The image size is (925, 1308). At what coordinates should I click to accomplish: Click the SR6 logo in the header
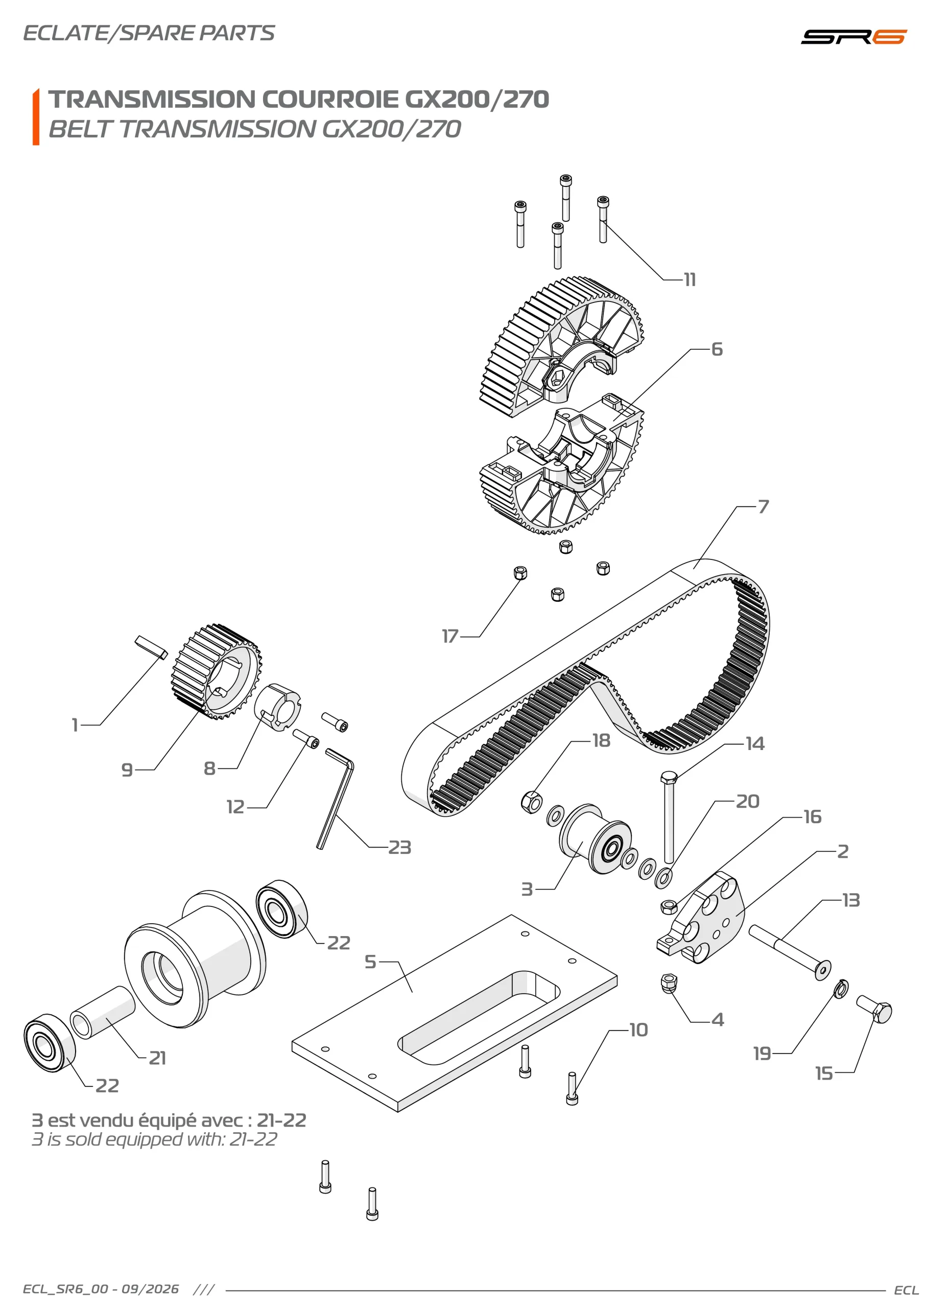[x=853, y=36]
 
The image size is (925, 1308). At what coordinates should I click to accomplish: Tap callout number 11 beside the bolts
[x=690, y=279]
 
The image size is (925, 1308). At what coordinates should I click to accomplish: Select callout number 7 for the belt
[x=763, y=506]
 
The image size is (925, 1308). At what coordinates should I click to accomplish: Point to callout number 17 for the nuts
[x=450, y=636]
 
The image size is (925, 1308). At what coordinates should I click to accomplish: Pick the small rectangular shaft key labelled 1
[x=152, y=648]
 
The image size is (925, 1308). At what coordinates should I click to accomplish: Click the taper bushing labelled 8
[x=277, y=707]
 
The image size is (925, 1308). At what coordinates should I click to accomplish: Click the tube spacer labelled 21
[x=103, y=1012]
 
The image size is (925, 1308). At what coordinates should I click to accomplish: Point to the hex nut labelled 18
[x=531, y=802]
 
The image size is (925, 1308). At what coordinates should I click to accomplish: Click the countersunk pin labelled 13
[x=790, y=952]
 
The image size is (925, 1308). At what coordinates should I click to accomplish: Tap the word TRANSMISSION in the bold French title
[x=152, y=99]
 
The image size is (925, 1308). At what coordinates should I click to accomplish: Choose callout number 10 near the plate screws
[x=638, y=1030]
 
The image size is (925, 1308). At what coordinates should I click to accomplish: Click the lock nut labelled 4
[x=669, y=983]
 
